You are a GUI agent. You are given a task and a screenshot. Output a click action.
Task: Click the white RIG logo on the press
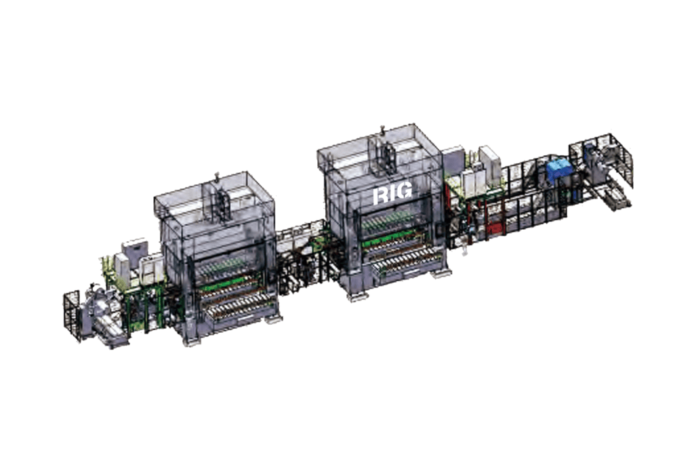point(392,193)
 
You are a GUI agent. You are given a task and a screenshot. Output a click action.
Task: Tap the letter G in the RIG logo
point(404,192)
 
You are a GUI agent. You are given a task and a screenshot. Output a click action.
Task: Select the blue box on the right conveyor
point(558,174)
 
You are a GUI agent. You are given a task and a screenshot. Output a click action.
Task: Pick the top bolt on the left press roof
point(216,177)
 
